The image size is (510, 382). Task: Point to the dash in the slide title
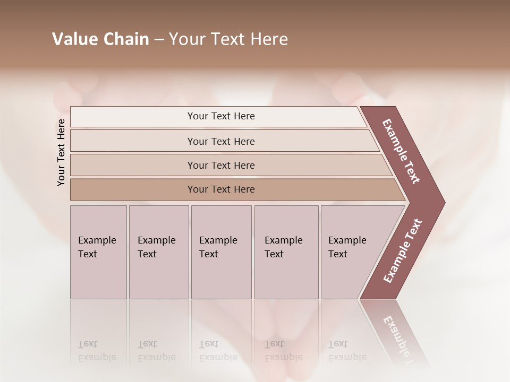(159, 40)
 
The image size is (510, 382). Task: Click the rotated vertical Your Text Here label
(61, 152)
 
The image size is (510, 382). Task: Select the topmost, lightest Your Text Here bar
(220, 116)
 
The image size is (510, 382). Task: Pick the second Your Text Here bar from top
(220, 141)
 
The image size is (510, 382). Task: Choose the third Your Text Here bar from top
(220, 165)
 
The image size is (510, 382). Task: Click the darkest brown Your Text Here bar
(220, 189)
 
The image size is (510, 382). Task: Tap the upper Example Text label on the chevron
(401, 151)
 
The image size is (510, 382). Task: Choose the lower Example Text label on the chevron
(402, 251)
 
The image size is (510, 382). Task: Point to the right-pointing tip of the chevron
(444, 203)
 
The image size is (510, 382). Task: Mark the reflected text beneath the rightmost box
(347, 351)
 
